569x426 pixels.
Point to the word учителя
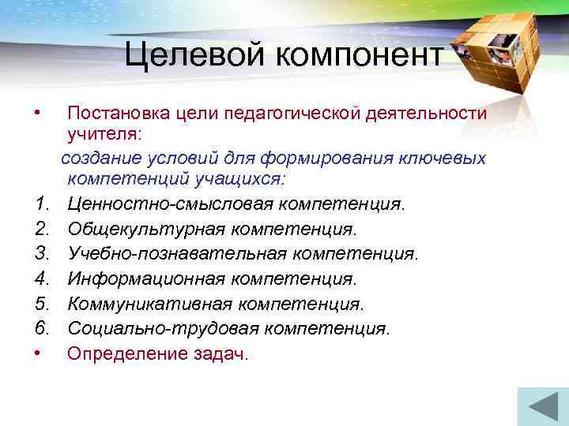(103, 136)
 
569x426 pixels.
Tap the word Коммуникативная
(149, 303)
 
